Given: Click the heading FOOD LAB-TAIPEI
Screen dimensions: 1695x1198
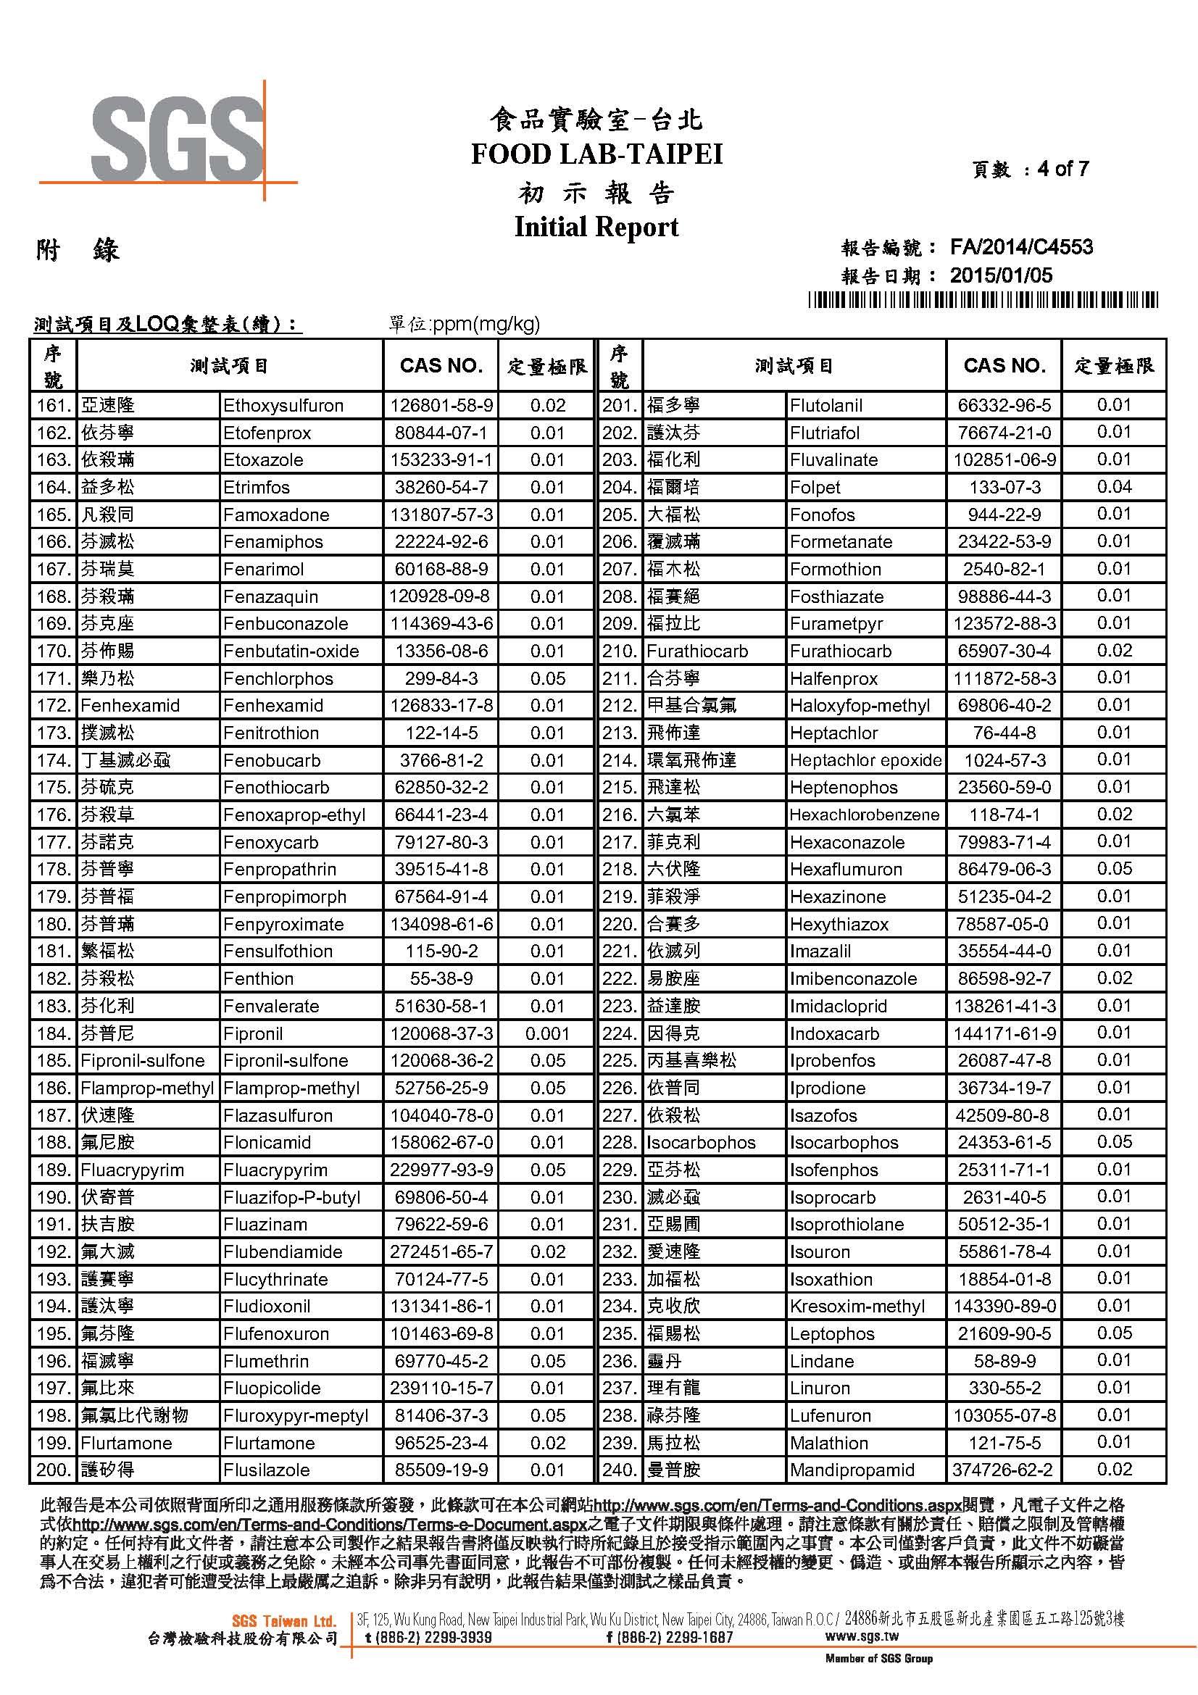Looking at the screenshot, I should [x=596, y=154].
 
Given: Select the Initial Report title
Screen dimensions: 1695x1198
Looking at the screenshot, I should [x=596, y=227].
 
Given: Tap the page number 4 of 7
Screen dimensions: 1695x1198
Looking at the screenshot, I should [x=1062, y=169].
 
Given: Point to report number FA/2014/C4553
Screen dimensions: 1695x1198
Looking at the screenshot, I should [x=1021, y=247].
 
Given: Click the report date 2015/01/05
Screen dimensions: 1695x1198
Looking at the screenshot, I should [x=1000, y=276].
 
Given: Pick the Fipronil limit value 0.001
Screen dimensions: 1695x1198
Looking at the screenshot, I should [x=547, y=1033].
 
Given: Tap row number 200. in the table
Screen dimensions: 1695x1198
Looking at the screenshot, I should [x=53, y=1470].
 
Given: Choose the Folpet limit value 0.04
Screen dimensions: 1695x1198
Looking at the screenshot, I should [x=1114, y=487].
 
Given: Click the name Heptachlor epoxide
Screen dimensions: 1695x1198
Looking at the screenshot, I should [x=865, y=760].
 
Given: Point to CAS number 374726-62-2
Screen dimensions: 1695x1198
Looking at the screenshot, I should [x=1004, y=1470].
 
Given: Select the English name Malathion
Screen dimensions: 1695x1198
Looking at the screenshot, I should [x=829, y=1443].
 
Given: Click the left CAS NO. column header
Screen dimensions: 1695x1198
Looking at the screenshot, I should [x=441, y=365].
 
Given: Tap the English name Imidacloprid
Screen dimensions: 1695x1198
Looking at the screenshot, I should [x=838, y=1007].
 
